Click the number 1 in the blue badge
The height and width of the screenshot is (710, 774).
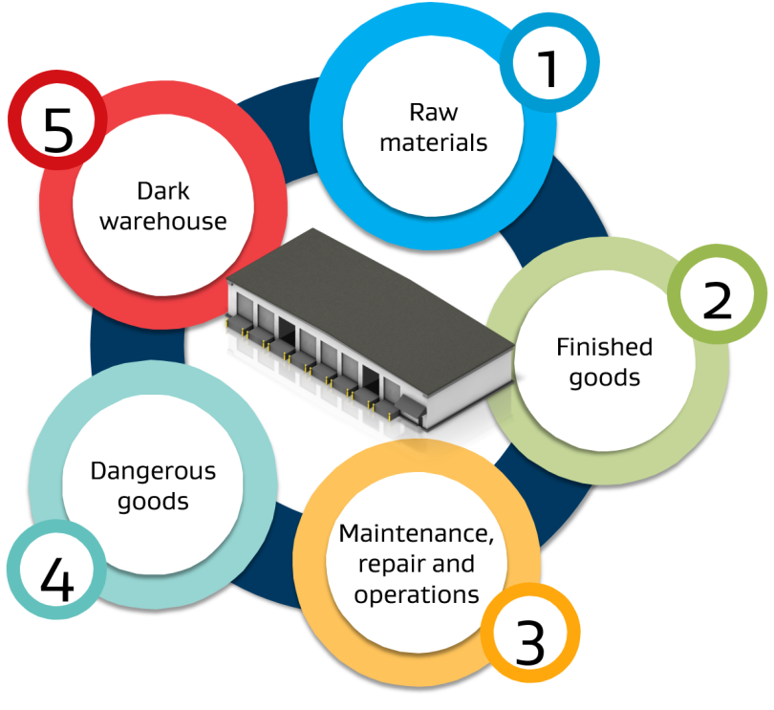pyautogui.click(x=548, y=69)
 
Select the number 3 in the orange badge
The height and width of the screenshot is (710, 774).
pyautogui.click(x=530, y=641)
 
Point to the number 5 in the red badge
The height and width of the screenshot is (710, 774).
pyautogui.click(x=58, y=130)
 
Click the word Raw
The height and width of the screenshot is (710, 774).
pyautogui.click(x=434, y=112)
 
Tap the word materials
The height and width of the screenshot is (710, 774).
pyautogui.click(x=434, y=142)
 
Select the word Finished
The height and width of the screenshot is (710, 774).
pyautogui.click(x=604, y=347)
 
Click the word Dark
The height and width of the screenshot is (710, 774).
pyautogui.click(x=162, y=190)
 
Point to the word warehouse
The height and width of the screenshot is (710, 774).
pyautogui.click(x=162, y=221)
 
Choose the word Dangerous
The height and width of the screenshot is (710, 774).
pyautogui.click(x=153, y=470)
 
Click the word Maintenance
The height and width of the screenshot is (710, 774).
pyautogui.click(x=416, y=534)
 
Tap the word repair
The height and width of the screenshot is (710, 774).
pyautogui.click(x=390, y=565)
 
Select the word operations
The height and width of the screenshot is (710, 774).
pyautogui.click(x=416, y=595)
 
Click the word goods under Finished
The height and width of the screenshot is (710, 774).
pyautogui.click(x=604, y=378)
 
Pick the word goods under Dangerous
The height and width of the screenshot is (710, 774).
pyautogui.click(x=153, y=502)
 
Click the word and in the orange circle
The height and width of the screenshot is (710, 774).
pyautogui.click(x=453, y=564)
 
